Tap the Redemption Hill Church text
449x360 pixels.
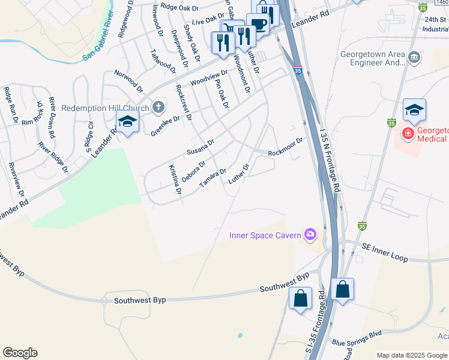pyautogui.click(x=105, y=109)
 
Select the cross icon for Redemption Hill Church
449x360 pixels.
pyautogui.click(x=158, y=108)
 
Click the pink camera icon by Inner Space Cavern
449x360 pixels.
pyautogui.click(x=310, y=235)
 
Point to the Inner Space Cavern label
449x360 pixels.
pyautogui.click(x=265, y=235)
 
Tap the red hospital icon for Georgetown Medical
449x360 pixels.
pyautogui.click(x=408, y=133)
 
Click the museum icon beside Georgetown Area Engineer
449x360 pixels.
pyautogui.click(x=414, y=58)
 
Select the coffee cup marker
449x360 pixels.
pyautogui.click(x=258, y=25)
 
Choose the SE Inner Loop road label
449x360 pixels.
pyautogui.click(x=385, y=252)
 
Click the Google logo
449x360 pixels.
pyautogui.click(x=20, y=353)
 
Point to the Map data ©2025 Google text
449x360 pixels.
pyautogui.click(x=411, y=355)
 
